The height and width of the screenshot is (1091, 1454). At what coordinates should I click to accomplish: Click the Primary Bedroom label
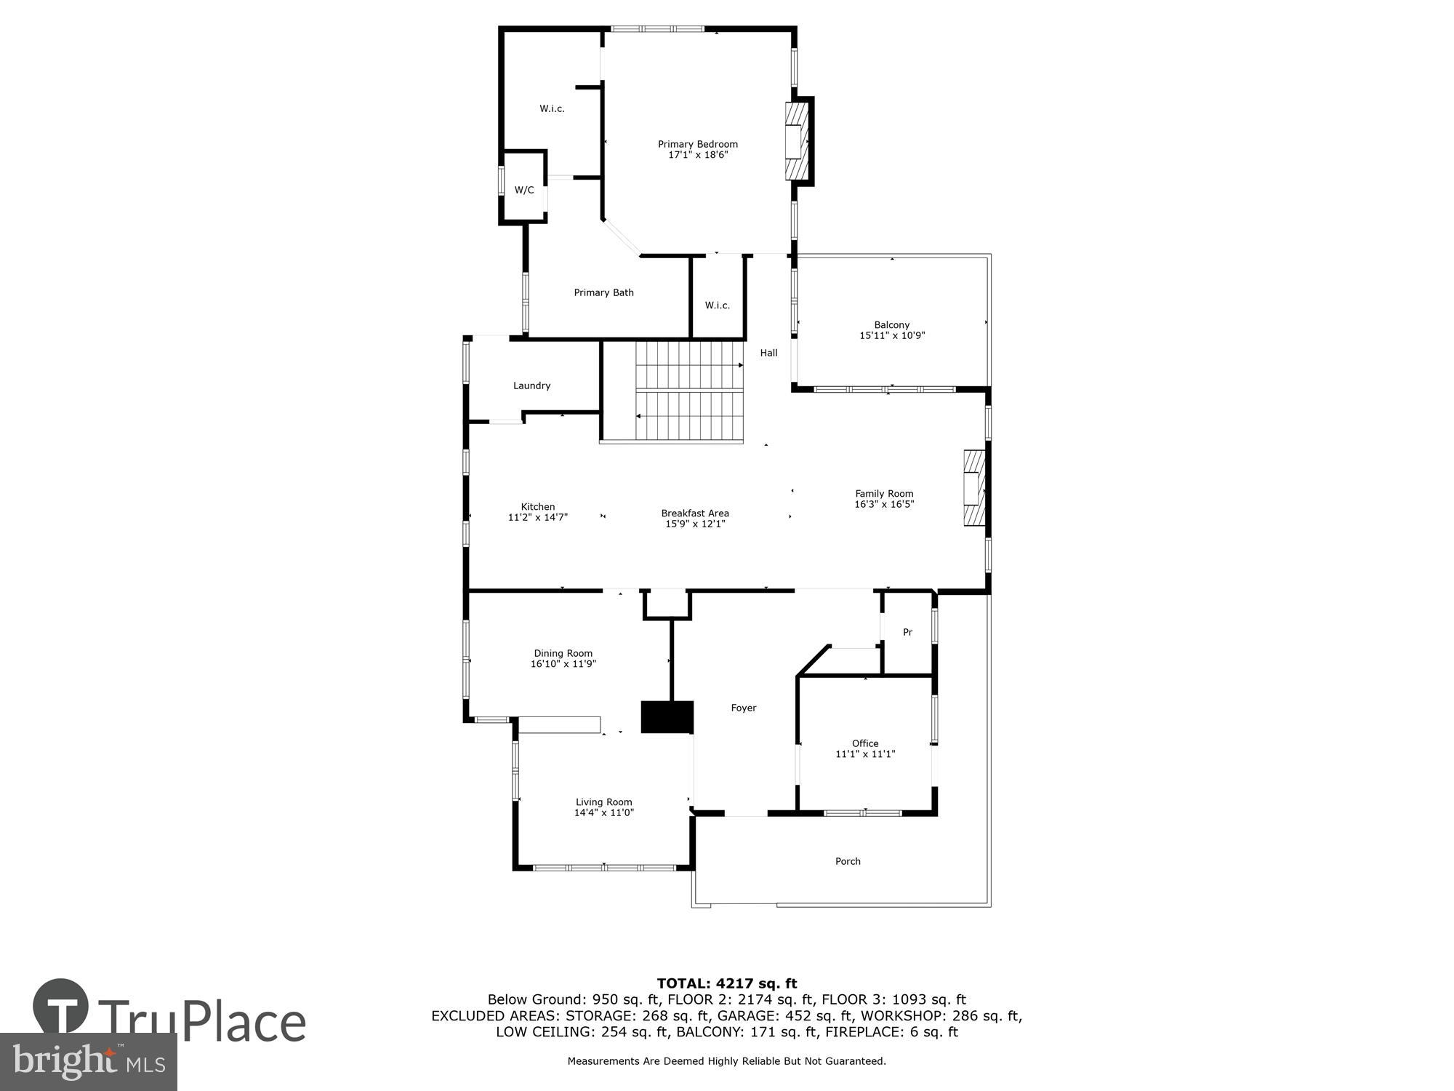697,144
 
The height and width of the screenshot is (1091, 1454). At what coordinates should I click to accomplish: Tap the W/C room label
524,191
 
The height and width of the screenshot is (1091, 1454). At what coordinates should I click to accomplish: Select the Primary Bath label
603,292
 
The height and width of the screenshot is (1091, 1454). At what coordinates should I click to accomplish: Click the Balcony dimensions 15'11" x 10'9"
891,336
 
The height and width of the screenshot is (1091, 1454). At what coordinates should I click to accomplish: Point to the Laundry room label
531,385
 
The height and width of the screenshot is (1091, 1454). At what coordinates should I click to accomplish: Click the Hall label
768,353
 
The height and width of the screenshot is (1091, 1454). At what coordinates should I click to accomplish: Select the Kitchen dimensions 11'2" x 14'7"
537,518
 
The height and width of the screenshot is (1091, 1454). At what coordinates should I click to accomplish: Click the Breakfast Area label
694,513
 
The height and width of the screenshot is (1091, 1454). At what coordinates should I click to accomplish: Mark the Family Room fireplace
974,487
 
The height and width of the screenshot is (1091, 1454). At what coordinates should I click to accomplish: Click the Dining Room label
563,653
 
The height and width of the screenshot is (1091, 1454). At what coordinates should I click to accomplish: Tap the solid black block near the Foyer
667,717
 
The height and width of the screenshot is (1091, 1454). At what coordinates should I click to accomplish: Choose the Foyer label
743,708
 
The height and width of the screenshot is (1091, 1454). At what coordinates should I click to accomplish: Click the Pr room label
907,633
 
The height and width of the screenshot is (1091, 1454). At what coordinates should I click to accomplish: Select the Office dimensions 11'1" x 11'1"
864,754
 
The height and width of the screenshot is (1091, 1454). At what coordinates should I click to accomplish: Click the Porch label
847,861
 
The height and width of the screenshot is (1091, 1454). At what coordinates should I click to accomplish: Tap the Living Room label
603,802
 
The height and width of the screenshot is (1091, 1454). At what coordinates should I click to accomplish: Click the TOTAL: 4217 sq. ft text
726,984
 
